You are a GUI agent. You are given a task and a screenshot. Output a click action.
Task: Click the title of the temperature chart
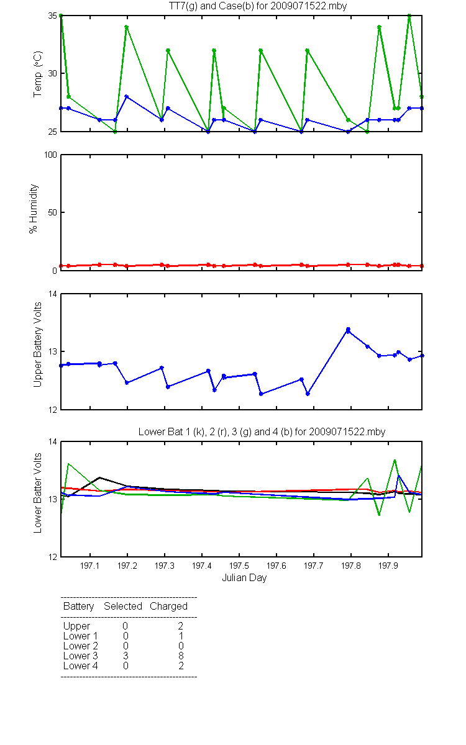pyautogui.click(x=258, y=6)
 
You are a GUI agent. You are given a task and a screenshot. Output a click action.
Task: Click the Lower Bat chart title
pyautogui.click(x=262, y=431)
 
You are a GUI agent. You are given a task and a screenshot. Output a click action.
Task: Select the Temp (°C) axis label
pyautogui.click(x=38, y=74)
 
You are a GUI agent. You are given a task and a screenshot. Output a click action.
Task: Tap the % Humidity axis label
pyautogui.click(x=34, y=209)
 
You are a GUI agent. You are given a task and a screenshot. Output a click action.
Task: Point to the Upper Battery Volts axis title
pyautogui.click(x=37, y=345)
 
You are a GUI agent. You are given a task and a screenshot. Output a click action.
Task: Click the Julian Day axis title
pyautogui.click(x=244, y=578)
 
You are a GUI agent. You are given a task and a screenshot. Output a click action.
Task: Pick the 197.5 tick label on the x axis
pyautogui.click(x=239, y=566)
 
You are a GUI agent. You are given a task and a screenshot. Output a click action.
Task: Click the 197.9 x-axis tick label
pyautogui.click(x=388, y=566)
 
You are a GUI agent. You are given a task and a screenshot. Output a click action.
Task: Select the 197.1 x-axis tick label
pyautogui.click(x=90, y=566)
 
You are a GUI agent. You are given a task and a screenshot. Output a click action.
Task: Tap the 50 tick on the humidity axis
pyautogui.click(x=52, y=212)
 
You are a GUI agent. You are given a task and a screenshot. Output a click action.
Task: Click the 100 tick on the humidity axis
pyautogui.click(x=50, y=155)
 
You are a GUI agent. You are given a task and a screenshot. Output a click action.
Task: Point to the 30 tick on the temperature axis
pyautogui.click(x=52, y=73)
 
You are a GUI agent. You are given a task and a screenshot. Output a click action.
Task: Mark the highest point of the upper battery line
pyautogui.click(x=348, y=330)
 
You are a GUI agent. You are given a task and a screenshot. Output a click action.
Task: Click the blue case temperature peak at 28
pyautogui.click(x=127, y=96)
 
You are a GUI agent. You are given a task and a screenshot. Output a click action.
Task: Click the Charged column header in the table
pyautogui.click(x=168, y=607)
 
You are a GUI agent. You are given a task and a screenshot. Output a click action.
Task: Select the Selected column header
pyautogui.click(x=123, y=607)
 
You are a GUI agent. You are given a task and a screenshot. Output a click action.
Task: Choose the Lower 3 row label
pyautogui.click(x=81, y=656)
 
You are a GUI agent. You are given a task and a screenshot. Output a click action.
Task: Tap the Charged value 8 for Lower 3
pyautogui.click(x=181, y=656)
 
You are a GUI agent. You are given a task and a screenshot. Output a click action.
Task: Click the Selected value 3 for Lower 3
pyautogui.click(x=126, y=656)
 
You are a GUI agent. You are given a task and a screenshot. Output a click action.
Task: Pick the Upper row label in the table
pyautogui.click(x=76, y=626)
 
